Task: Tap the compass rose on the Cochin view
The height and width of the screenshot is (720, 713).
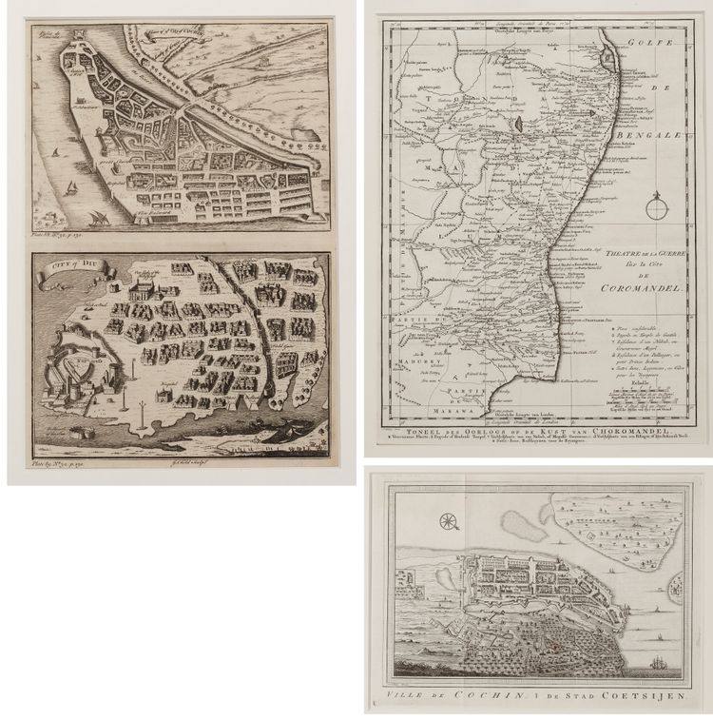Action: [x=450, y=519]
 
